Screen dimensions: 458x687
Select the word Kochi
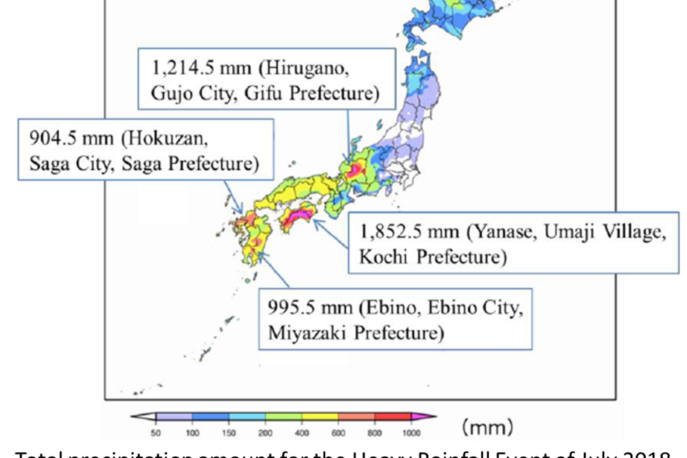pyautogui.click(x=383, y=257)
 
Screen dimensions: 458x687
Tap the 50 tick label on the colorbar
pyautogui.click(x=156, y=433)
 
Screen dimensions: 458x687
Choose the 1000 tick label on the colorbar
pyautogui.click(x=411, y=433)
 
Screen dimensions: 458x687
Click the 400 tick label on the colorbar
pyautogui.click(x=301, y=433)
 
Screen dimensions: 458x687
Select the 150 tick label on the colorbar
pyautogui.click(x=229, y=433)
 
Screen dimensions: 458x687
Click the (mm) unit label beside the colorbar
pyautogui.click(x=487, y=427)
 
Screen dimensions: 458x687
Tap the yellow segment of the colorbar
pyautogui.click(x=319, y=417)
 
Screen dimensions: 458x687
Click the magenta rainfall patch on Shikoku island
pyautogui.click(x=295, y=215)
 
